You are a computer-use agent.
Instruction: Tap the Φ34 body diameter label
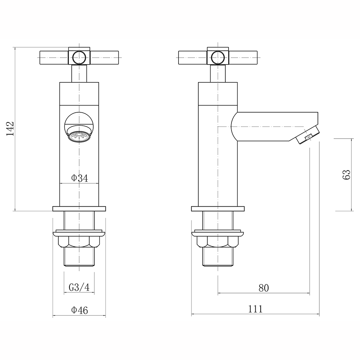(79, 178)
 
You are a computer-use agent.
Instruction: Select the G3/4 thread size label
(79, 287)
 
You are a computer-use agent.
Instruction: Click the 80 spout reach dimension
(264, 288)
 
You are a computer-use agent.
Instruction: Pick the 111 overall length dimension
(255, 309)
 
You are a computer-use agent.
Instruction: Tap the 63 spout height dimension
(346, 175)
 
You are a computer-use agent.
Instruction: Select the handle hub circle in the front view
(79, 57)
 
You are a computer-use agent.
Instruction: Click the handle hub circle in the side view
(217, 57)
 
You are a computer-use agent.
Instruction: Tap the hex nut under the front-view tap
(79, 242)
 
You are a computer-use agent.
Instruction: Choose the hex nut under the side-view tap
(218, 242)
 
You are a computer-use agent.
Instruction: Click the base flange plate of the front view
(79, 208)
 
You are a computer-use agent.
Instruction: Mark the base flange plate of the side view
(218, 208)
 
